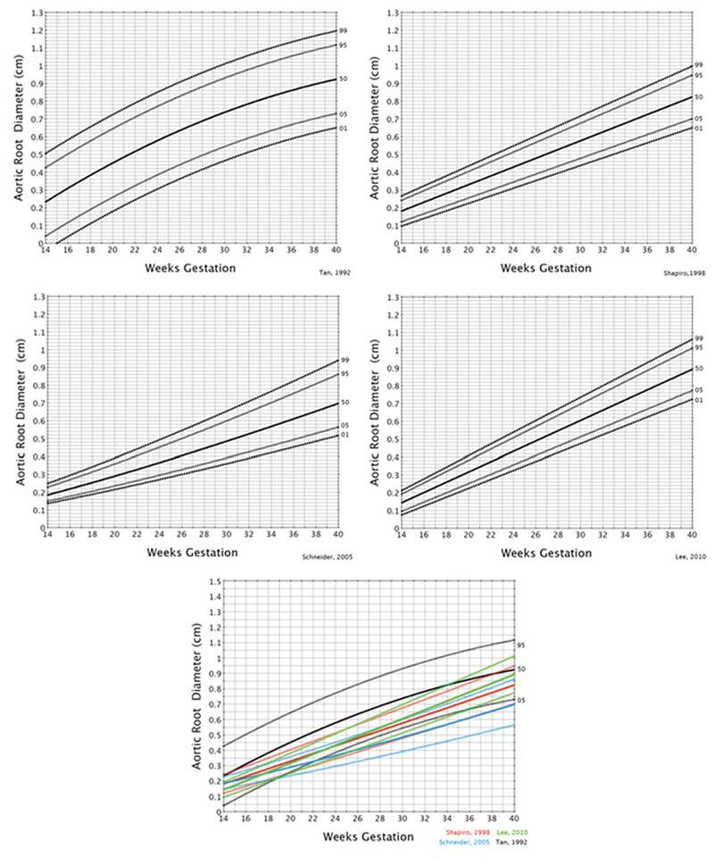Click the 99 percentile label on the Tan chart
342,31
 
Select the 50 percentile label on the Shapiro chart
699,97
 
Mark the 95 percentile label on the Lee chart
699,348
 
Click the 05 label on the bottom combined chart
521,701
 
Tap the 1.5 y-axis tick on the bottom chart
215,581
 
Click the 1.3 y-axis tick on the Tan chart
36,13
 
